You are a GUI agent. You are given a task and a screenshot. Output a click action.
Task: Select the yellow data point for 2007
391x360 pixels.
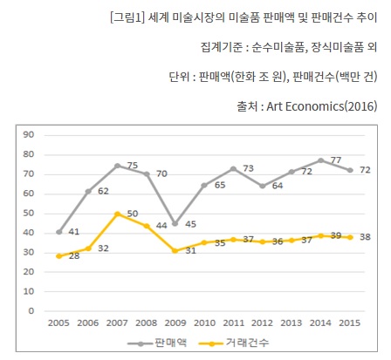point(117,213)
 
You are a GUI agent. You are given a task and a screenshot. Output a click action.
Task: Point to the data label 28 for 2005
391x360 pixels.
point(73,257)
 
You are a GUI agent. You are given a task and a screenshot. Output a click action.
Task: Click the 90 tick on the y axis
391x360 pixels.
point(29,134)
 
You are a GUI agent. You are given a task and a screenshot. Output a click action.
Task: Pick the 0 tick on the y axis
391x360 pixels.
point(31,310)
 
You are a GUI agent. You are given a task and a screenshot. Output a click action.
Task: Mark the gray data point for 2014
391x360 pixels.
point(321,160)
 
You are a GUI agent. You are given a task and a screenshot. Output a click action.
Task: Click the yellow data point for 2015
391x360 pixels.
point(350,236)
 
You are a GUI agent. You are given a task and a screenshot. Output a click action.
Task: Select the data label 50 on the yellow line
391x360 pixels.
point(133,214)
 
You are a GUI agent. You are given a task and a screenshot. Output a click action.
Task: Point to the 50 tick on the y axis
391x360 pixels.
point(29,213)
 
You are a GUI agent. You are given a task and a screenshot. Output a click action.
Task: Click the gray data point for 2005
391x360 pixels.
point(59,232)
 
